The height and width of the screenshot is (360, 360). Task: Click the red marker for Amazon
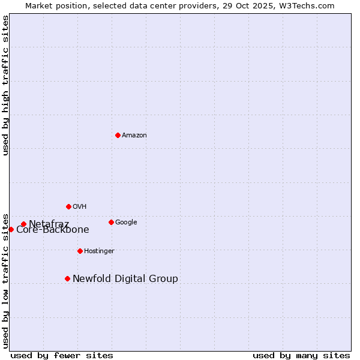(x=118, y=135)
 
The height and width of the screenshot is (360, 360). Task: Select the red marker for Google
(x=111, y=222)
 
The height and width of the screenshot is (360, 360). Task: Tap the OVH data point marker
(x=68, y=206)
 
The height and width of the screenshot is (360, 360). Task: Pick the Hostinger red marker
(x=80, y=251)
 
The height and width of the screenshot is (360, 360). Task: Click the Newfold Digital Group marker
(x=67, y=278)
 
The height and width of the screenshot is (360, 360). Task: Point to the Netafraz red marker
(x=23, y=224)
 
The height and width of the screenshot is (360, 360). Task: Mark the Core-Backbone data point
(x=11, y=229)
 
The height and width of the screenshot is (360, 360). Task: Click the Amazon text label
(x=134, y=136)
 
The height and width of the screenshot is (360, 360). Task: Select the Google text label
(x=126, y=223)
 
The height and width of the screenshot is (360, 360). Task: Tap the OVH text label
(x=80, y=207)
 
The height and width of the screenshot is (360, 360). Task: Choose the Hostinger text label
(x=99, y=251)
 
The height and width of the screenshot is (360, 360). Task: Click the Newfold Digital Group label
(x=125, y=278)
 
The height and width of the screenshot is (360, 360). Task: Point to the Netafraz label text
(x=49, y=224)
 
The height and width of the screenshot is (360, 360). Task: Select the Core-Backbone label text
(x=53, y=230)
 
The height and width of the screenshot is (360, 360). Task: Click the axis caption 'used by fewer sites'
(x=62, y=355)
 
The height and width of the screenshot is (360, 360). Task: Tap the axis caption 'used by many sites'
(x=301, y=355)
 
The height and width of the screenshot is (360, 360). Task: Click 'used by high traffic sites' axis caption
(x=5, y=85)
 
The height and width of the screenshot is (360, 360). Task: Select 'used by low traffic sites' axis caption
(x=5, y=281)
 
